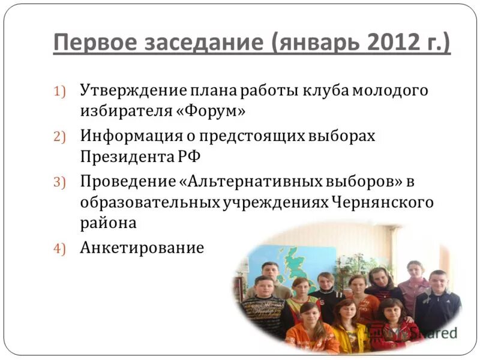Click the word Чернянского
tap(382, 202)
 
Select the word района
tap(108, 223)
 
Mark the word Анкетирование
tap(142, 248)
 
